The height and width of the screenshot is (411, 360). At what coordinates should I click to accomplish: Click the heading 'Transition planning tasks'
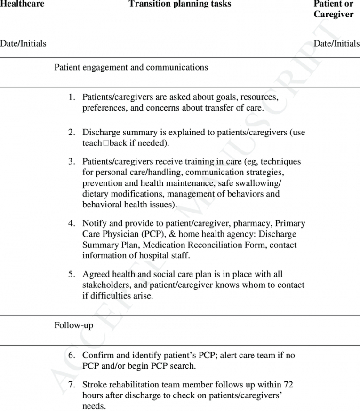point(180,4)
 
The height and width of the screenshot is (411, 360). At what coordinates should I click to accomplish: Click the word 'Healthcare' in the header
point(22,4)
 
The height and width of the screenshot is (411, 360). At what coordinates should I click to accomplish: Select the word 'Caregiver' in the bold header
point(334,15)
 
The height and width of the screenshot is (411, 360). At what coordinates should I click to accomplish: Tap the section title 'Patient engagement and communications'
point(131,67)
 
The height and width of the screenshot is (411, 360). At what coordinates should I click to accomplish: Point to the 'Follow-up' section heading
point(73,325)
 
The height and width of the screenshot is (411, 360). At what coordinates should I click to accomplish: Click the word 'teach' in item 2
point(92,143)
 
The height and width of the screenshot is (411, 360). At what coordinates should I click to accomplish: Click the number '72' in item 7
point(288,385)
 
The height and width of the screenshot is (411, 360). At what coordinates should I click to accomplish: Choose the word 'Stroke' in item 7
point(94,385)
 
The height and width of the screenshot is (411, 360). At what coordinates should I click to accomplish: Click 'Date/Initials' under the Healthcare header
point(23,44)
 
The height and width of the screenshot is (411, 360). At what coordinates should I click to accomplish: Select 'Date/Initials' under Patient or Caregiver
point(336,44)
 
